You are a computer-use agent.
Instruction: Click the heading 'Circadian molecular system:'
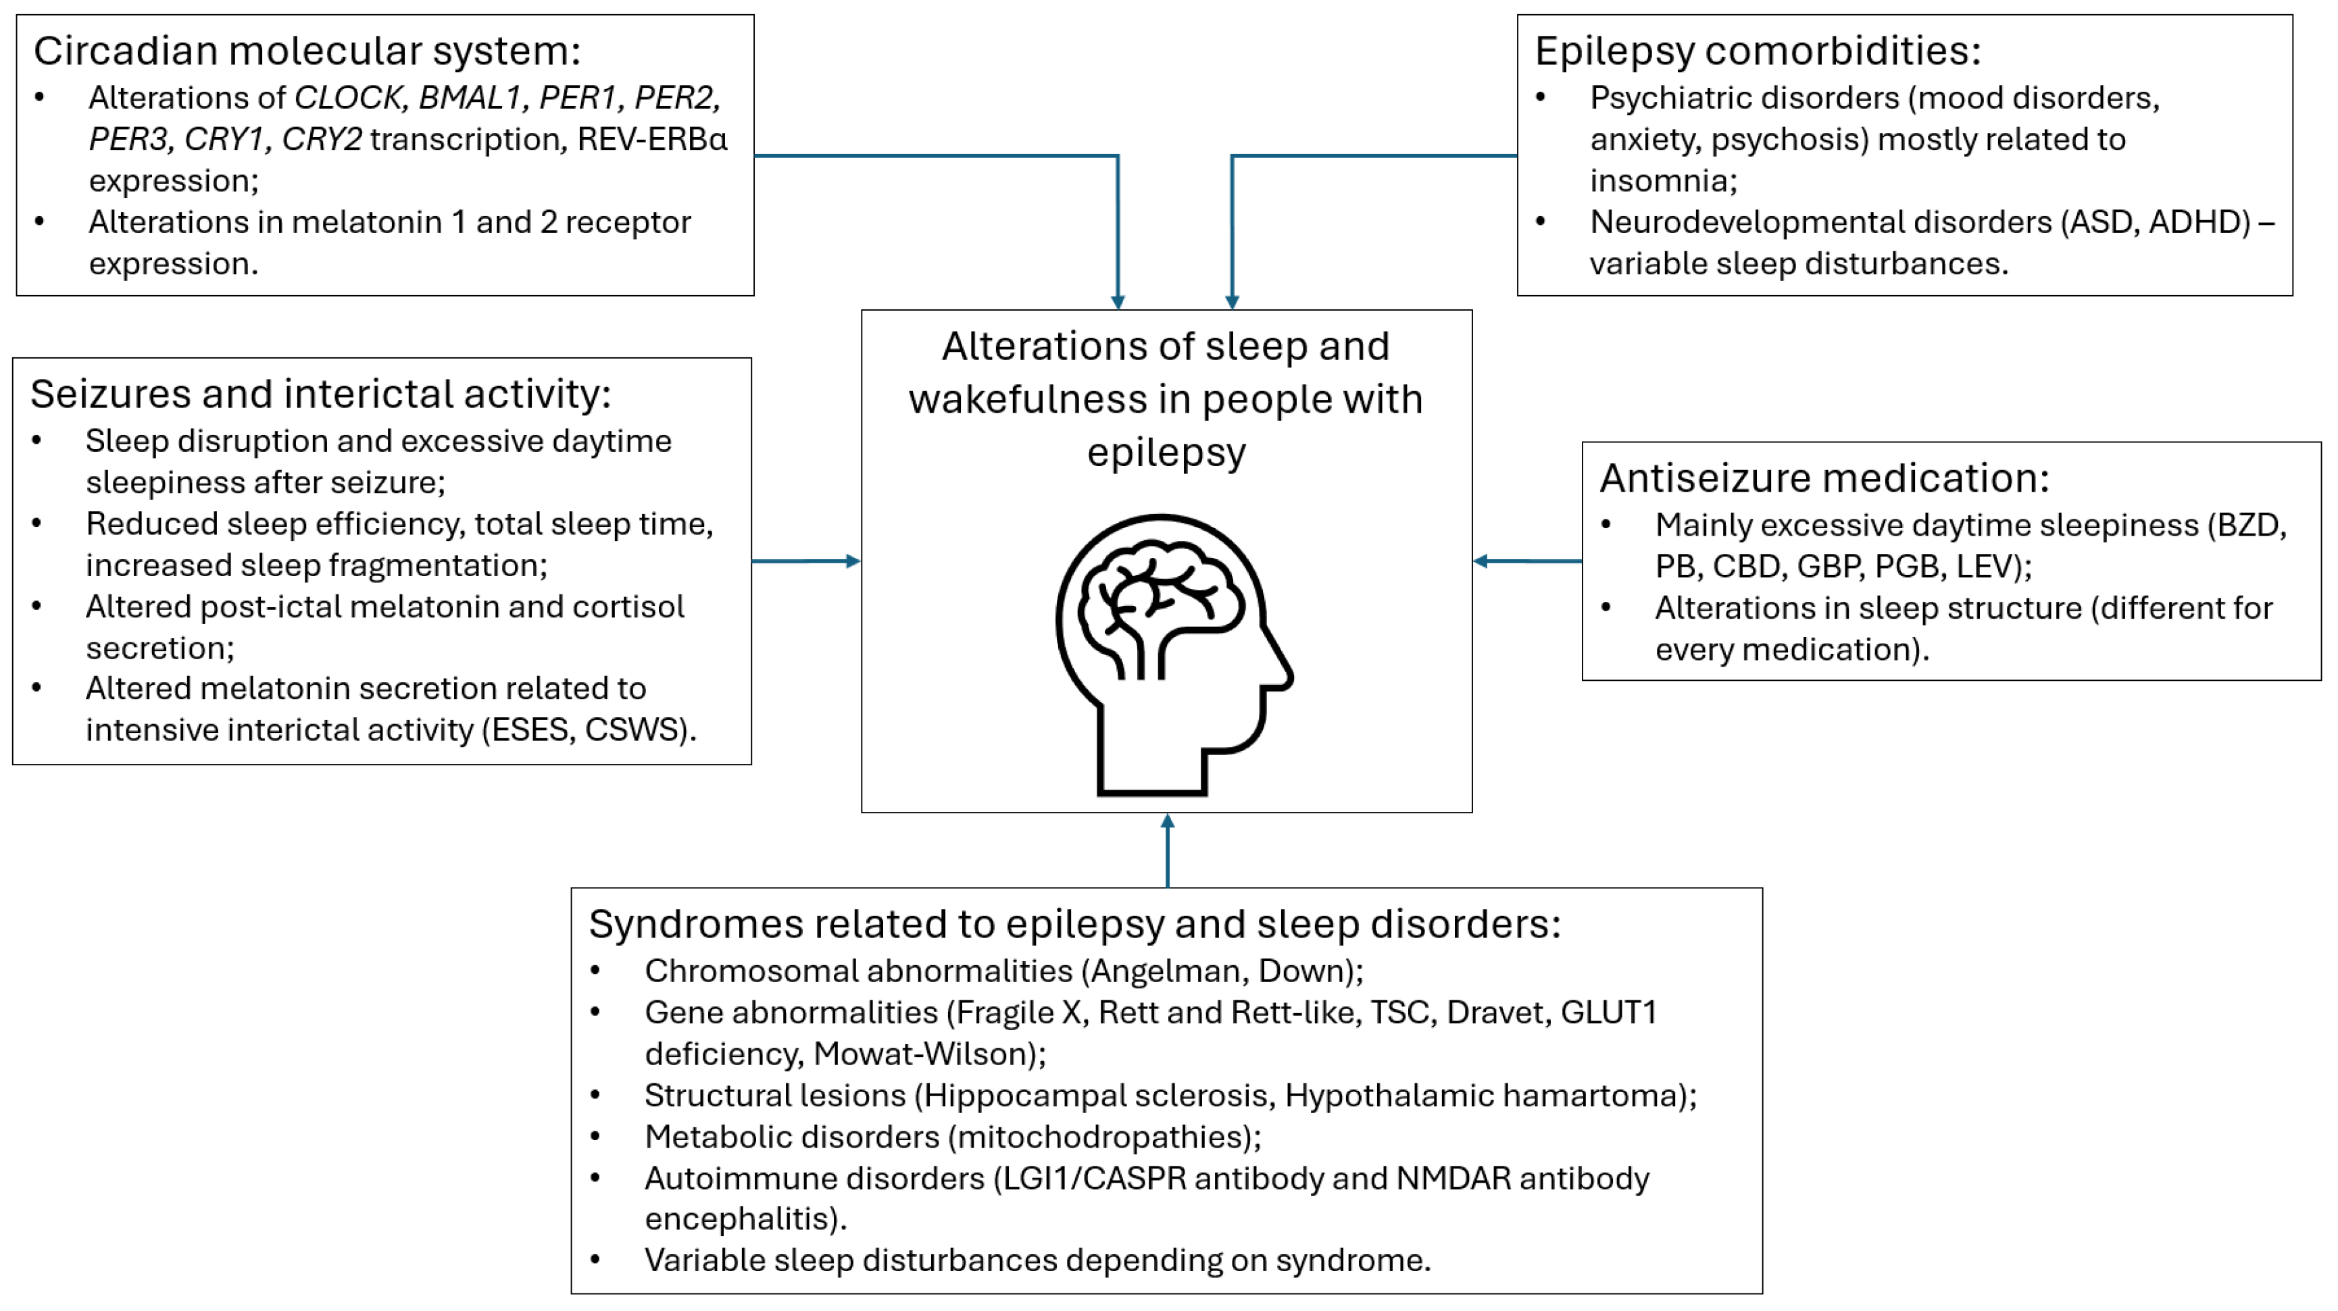point(307,51)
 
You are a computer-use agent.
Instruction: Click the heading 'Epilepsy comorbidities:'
point(1757,51)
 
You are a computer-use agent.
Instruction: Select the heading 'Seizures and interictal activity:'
point(320,394)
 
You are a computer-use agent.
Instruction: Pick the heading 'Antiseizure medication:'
point(1824,478)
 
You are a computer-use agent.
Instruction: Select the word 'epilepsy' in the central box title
point(1166,452)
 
